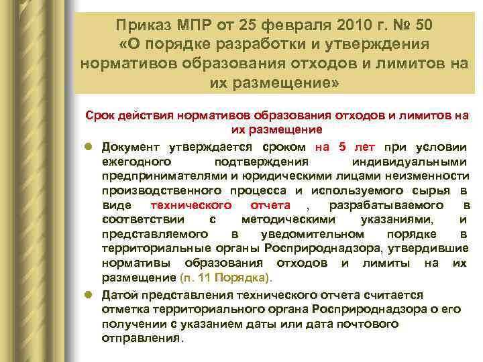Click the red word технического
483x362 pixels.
coord(192,205)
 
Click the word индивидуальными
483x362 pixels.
coord(409,162)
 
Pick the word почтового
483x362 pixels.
coord(365,324)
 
